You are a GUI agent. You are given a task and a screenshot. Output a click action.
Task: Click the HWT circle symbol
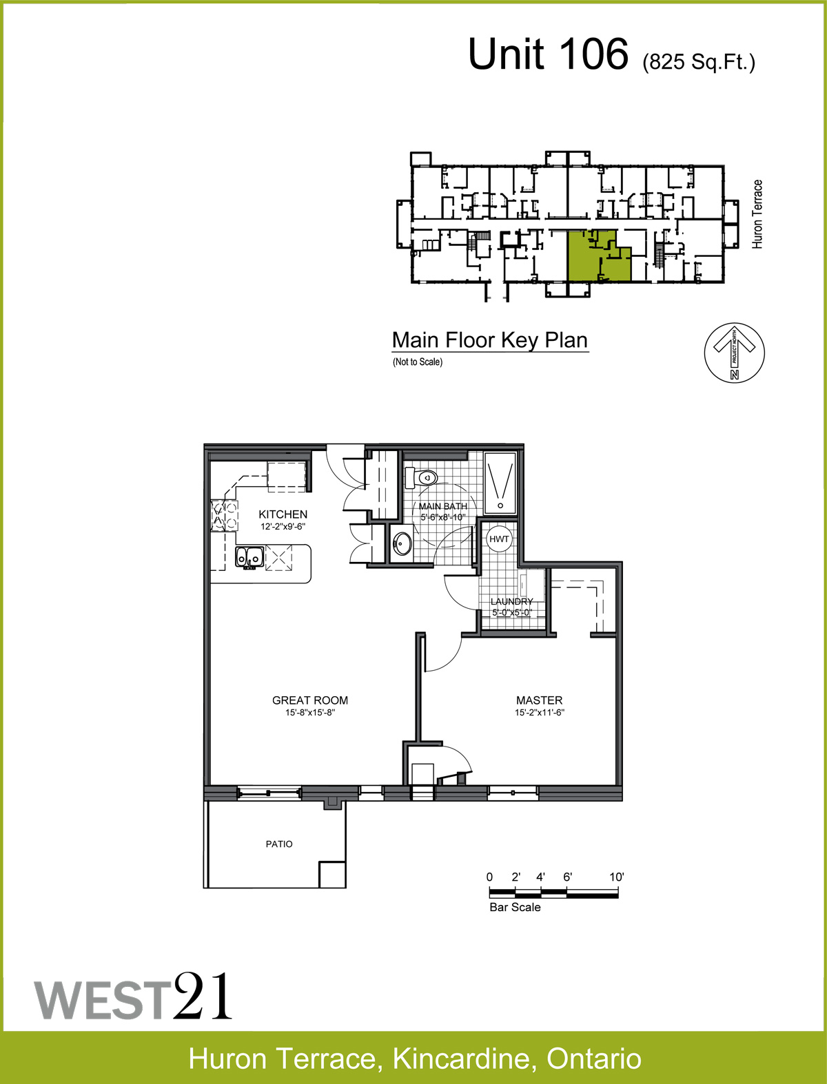[x=498, y=539]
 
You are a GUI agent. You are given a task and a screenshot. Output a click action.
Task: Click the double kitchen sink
[x=249, y=557]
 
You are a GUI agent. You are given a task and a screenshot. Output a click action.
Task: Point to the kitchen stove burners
[x=224, y=516]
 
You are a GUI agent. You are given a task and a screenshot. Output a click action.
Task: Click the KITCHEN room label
[x=283, y=514]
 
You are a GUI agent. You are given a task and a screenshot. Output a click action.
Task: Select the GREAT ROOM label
[x=309, y=700]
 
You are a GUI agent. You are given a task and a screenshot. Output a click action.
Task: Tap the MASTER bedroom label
[x=539, y=700]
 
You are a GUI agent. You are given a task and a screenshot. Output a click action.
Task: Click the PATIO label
[x=279, y=844]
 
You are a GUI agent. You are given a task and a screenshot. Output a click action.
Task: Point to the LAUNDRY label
[x=511, y=601]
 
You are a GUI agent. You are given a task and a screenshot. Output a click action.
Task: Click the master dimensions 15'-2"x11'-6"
[x=539, y=712]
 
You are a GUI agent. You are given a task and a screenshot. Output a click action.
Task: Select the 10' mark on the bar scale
[x=616, y=877]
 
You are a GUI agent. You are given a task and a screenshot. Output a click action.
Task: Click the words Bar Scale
[x=515, y=907]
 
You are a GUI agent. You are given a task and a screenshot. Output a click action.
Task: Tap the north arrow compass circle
[x=734, y=353]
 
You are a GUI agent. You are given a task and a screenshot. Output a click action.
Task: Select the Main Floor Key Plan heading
[x=489, y=340]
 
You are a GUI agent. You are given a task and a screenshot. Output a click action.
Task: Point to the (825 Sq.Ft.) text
[x=699, y=62]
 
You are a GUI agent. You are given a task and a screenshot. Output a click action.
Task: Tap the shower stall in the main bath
[x=500, y=483]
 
